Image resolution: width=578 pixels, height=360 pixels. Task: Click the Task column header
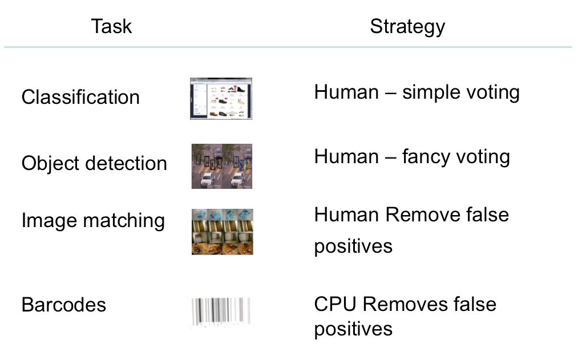111,27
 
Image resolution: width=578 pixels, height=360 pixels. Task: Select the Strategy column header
408,27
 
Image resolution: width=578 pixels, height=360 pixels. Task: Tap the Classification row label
80,98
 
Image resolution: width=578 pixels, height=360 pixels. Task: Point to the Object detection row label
94,164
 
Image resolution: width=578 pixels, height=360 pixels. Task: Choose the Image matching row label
93,221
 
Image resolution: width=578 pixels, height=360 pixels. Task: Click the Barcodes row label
64,305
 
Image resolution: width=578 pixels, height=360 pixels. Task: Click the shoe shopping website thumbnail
221,99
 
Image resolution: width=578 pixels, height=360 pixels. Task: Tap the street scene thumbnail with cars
222,166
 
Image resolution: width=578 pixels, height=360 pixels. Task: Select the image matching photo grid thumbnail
223,232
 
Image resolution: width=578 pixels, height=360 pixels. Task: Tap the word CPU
335,304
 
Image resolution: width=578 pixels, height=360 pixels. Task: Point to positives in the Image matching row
353,246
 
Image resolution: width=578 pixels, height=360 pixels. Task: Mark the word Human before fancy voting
346,156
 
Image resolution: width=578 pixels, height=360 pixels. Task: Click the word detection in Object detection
126,164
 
